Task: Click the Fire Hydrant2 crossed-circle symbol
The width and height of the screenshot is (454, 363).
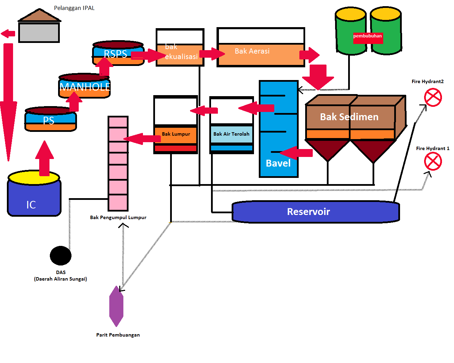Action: coord(433,97)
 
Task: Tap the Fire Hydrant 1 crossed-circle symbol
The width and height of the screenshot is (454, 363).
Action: coord(433,161)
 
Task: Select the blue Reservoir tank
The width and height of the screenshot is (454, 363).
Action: coord(315,212)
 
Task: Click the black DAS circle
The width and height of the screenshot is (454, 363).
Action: coord(60,256)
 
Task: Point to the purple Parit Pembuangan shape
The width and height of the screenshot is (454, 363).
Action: coord(116,306)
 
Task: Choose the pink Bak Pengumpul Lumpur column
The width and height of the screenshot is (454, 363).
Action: coord(118,163)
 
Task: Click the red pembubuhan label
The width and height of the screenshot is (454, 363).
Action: coord(367,36)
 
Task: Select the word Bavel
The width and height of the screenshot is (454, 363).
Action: coord(278,163)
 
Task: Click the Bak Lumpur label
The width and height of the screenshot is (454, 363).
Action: coord(176,134)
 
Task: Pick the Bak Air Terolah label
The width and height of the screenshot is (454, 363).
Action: coord(231,134)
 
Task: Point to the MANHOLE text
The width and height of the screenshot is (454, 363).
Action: coord(85,87)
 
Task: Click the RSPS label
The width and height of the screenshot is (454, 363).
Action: coord(115,54)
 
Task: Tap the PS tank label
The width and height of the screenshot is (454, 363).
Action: coord(48,121)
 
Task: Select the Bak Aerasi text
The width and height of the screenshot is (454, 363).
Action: coord(252,51)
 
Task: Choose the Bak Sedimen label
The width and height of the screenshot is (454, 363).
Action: coord(349,117)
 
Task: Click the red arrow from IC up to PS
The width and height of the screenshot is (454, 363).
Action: coord(44,158)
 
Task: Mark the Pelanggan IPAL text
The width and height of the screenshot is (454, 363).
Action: coord(74,8)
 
